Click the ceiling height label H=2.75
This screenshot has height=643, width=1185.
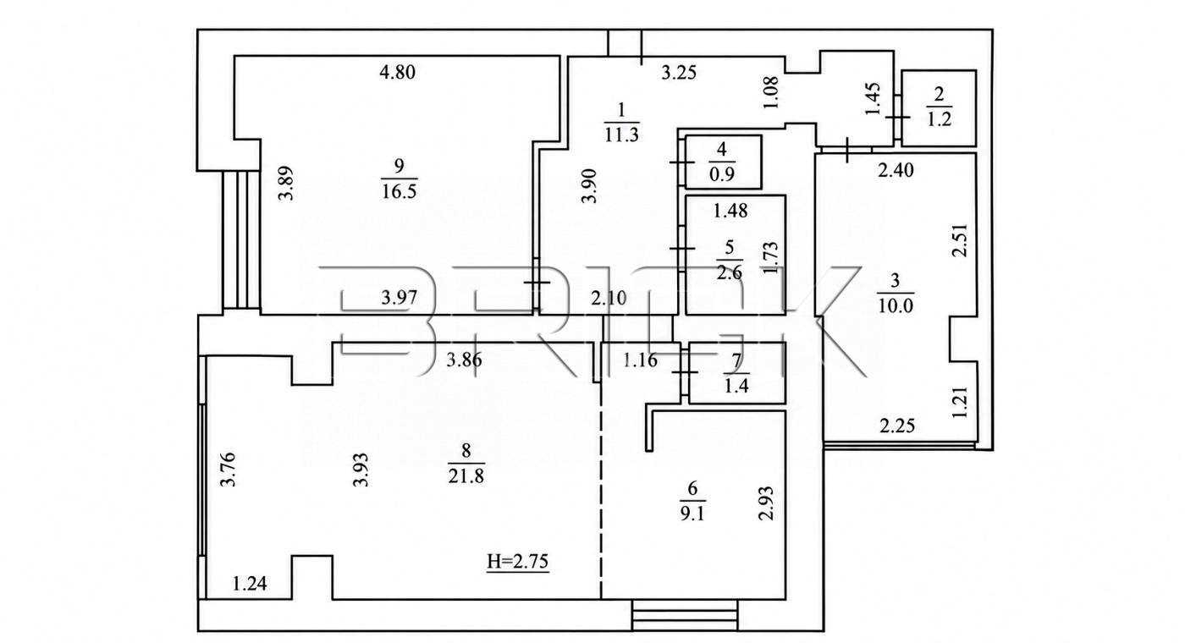click(x=518, y=562)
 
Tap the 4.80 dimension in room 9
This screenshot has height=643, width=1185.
click(x=397, y=72)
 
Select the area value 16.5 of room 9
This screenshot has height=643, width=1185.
click(x=399, y=191)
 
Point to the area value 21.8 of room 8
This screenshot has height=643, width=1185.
click(x=466, y=475)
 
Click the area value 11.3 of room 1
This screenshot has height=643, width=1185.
click(x=621, y=135)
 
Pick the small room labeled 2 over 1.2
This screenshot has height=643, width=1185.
click(x=939, y=108)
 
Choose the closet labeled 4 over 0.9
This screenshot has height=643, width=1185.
click(x=723, y=162)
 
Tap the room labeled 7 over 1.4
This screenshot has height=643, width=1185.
click(x=737, y=373)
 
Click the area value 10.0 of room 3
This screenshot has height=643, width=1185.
click(x=896, y=305)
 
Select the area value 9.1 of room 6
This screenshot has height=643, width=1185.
click(x=692, y=513)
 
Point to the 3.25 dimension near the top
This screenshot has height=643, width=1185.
click(x=679, y=73)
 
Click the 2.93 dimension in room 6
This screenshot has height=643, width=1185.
click(x=767, y=503)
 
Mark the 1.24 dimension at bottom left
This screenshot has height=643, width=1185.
click(x=250, y=584)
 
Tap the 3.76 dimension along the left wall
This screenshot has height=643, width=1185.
click(x=228, y=469)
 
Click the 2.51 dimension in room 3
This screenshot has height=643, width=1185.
click(x=960, y=240)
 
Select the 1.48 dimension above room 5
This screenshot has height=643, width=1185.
click(x=730, y=211)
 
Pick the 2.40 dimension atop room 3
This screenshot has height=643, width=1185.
click(x=896, y=170)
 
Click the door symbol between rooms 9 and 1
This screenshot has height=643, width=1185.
click(x=537, y=283)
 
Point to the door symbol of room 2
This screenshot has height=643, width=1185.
click(x=898, y=117)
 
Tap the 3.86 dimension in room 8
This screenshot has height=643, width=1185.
click(x=464, y=360)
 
